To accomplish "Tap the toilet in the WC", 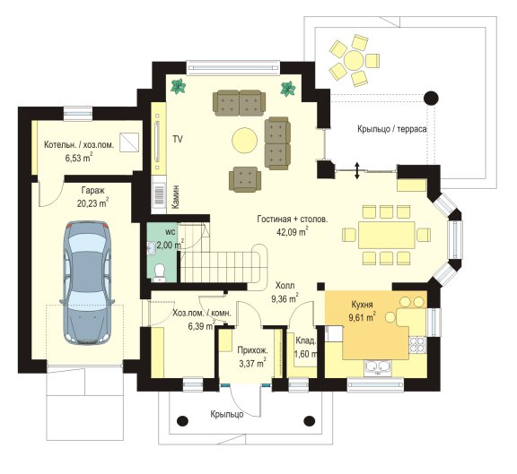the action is tap(160, 271).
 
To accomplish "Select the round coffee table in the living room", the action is tap(244, 141).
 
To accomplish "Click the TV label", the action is tap(178, 140).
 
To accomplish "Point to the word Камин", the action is tap(176, 196).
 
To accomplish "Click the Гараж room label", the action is tap(92, 190).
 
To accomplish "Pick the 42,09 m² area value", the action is tap(293, 232).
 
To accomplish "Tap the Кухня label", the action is tap(362, 305).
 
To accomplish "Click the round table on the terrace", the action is tap(354, 60).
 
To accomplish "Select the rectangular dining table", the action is tap(387, 235).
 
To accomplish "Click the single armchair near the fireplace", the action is tap(245, 179).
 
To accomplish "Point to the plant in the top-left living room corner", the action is tap(179, 87).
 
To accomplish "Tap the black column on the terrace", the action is tap(431, 98).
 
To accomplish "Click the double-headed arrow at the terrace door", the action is tap(357, 170).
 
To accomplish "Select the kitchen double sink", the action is tap(377, 366).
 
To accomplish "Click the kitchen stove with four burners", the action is tap(417, 344).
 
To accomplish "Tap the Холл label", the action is tap(285, 286).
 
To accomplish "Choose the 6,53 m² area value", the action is tap(79, 158).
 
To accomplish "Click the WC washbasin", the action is tap(152, 247).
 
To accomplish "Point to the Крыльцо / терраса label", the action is tap(391, 129).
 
